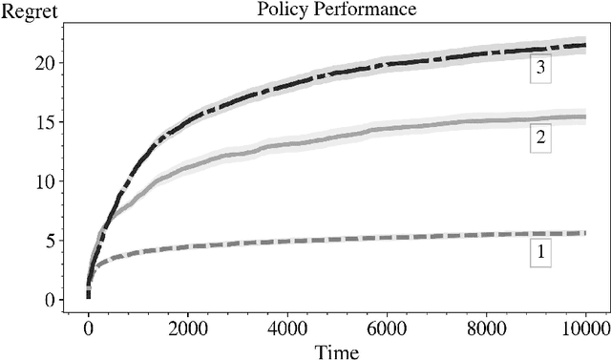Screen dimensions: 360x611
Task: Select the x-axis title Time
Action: [337, 352]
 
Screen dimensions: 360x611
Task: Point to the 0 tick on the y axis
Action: [50, 300]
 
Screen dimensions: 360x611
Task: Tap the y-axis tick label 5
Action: [50, 241]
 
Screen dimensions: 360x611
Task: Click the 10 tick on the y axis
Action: [45, 181]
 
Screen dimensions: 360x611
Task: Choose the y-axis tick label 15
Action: [45, 122]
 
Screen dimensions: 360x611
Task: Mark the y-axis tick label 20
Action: [45, 63]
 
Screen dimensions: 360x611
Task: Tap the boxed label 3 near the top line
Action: [540, 70]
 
